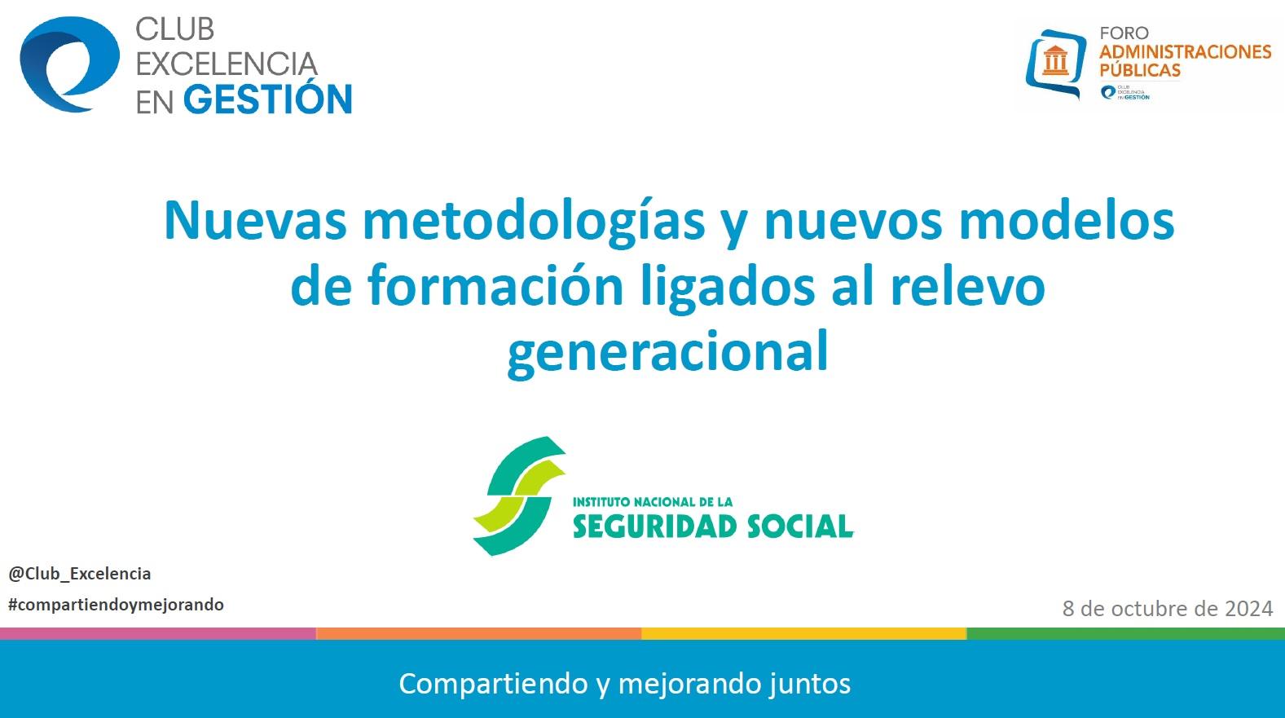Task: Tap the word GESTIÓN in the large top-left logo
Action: pyautogui.click(x=268, y=99)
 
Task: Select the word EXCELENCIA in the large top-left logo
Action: pyautogui.click(x=227, y=64)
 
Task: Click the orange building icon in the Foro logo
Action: pyautogui.click(x=1055, y=60)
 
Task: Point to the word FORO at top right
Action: pyautogui.click(x=1124, y=33)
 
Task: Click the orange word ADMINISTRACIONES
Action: pyautogui.click(x=1186, y=51)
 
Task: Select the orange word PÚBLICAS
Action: pyautogui.click(x=1140, y=69)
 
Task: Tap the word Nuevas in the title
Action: pyautogui.click(x=255, y=221)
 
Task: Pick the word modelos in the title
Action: pyautogui.click(x=1067, y=220)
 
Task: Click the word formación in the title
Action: pyautogui.click(x=495, y=285)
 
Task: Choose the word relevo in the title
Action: pyautogui.click(x=968, y=285)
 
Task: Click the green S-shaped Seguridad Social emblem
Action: pyautogui.click(x=520, y=496)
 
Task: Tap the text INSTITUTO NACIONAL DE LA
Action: pyautogui.click(x=653, y=502)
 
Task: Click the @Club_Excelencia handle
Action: pyautogui.click(x=80, y=574)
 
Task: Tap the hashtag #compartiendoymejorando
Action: pyautogui.click(x=116, y=605)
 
